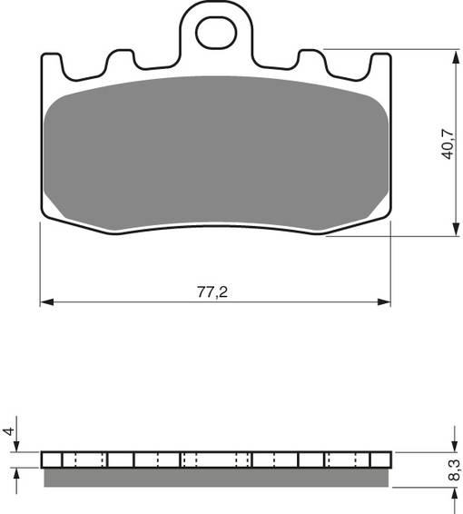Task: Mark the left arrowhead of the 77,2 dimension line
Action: coord(45,301)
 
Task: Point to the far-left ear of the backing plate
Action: coord(53,66)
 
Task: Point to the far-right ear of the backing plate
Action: coord(379,66)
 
